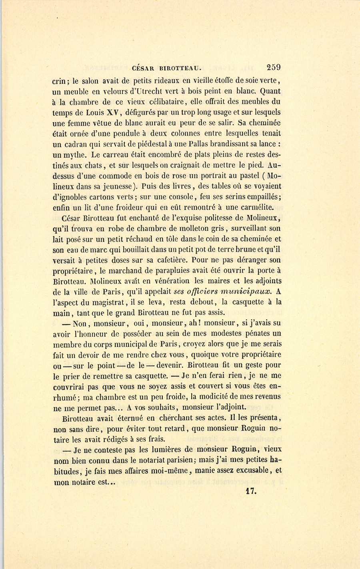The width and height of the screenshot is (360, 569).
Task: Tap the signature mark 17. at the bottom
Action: point(251,492)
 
